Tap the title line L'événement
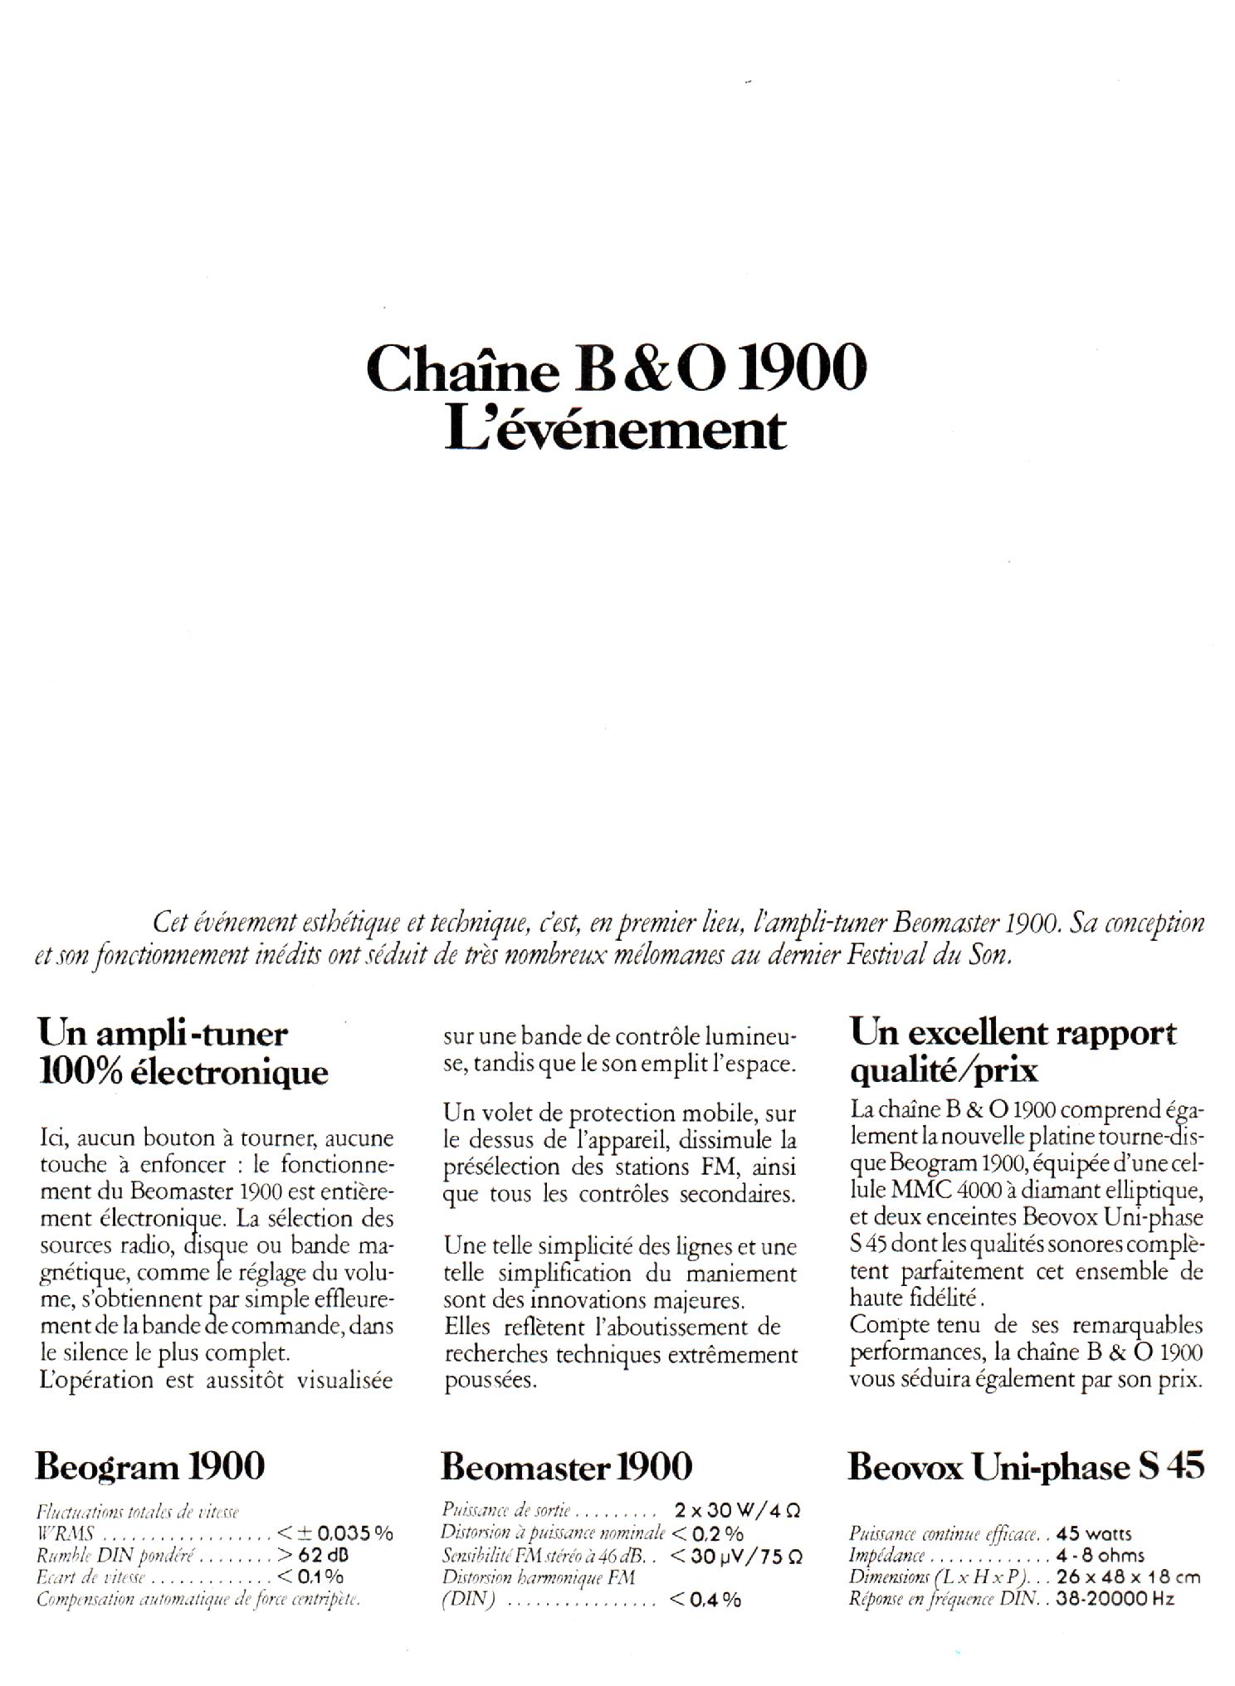(615, 431)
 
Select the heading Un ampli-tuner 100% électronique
(183, 1053)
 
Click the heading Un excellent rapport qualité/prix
(1013, 1051)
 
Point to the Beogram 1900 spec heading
(149, 1466)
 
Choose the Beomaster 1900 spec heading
(566, 1466)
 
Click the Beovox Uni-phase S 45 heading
(1025, 1467)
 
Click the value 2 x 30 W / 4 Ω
(738, 1510)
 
